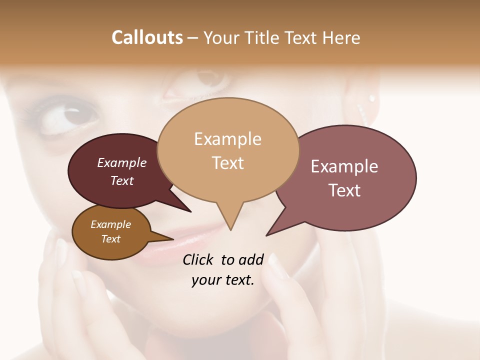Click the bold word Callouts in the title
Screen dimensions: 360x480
147,37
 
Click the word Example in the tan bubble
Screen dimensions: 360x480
227,139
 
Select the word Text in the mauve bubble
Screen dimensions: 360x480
344,190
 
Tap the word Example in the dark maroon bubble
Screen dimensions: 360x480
122,162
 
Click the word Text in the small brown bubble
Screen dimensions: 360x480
110,239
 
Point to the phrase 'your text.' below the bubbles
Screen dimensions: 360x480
223,280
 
